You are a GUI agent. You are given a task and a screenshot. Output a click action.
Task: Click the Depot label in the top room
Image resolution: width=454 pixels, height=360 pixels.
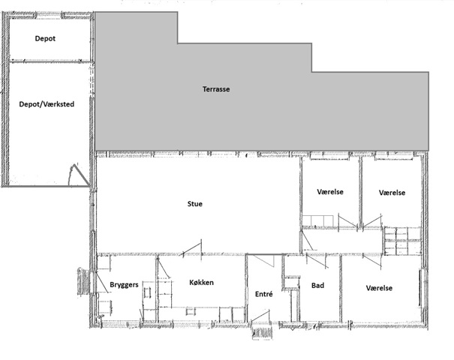(45, 38)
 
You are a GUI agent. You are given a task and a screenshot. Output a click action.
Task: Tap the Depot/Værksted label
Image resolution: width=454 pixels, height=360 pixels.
(47, 104)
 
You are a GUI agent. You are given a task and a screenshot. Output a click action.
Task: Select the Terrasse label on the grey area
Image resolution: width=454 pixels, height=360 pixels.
(216, 89)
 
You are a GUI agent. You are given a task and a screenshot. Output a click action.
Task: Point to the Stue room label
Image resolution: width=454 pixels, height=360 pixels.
(195, 204)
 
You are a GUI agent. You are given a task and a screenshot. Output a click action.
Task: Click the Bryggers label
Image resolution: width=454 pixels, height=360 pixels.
(124, 285)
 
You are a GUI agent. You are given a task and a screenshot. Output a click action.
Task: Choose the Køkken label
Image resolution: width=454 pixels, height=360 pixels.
(202, 283)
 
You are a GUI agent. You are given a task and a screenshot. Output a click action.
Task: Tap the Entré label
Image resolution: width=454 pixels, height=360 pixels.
(264, 294)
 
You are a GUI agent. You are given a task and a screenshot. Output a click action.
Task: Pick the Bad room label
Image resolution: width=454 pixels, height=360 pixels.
(317, 286)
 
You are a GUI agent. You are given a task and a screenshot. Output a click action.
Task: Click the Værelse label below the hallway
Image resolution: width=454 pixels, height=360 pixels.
(379, 288)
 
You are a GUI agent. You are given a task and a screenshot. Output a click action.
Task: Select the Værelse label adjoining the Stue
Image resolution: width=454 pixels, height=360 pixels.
(330, 192)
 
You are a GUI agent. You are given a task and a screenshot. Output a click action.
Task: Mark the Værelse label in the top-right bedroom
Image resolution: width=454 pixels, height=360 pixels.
(392, 193)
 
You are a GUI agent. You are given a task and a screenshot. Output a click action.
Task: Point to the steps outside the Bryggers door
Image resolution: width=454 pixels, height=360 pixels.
(84, 281)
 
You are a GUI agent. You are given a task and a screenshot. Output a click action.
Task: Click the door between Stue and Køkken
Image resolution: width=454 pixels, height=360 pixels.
(191, 248)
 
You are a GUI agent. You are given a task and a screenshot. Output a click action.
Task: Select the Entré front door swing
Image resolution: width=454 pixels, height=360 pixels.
(260, 316)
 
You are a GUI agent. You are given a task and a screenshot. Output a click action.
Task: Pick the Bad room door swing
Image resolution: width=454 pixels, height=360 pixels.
(317, 261)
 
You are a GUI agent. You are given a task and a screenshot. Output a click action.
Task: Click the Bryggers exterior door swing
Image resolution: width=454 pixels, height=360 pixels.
(101, 282)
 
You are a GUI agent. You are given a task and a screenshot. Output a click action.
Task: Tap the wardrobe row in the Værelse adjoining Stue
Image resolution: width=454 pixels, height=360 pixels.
(317, 220)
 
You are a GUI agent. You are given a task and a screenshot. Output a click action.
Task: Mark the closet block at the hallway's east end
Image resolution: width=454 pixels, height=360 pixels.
(403, 241)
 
